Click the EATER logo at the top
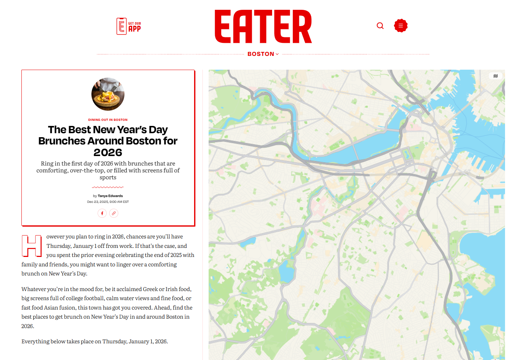tap(263, 26)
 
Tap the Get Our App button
tap(129, 26)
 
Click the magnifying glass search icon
tap(380, 26)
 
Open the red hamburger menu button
tap(401, 26)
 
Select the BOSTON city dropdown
tap(261, 54)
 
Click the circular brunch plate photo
tap(108, 94)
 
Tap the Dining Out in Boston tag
tap(108, 120)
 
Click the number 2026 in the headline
tap(108, 152)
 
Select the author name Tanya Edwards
tap(110, 196)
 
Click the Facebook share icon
tap(102, 213)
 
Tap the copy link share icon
tap(114, 213)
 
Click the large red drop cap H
tap(32, 246)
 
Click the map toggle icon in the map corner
tap(496, 76)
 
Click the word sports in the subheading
tap(108, 177)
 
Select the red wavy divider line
tap(108, 187)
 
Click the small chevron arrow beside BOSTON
tap(277, 54)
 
